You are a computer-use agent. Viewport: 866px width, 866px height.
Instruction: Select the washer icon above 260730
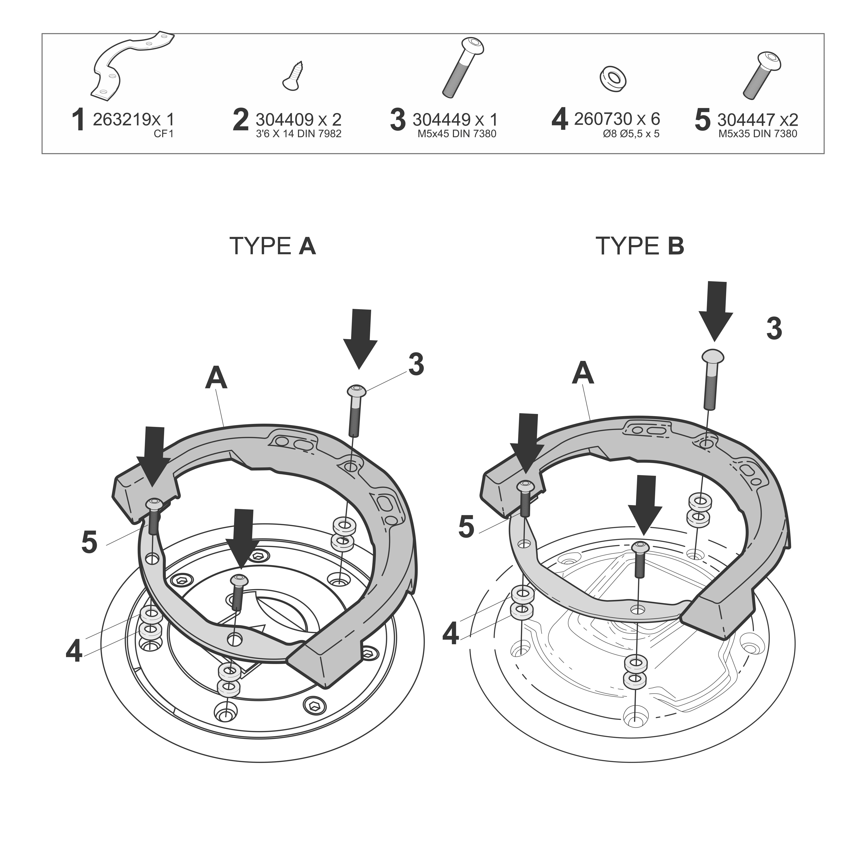click(x=613, y=79)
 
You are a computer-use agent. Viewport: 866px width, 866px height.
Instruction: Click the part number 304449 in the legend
click(x=441, y=120)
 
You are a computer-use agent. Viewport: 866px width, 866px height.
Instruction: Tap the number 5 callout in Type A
click(x=90, y=542)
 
